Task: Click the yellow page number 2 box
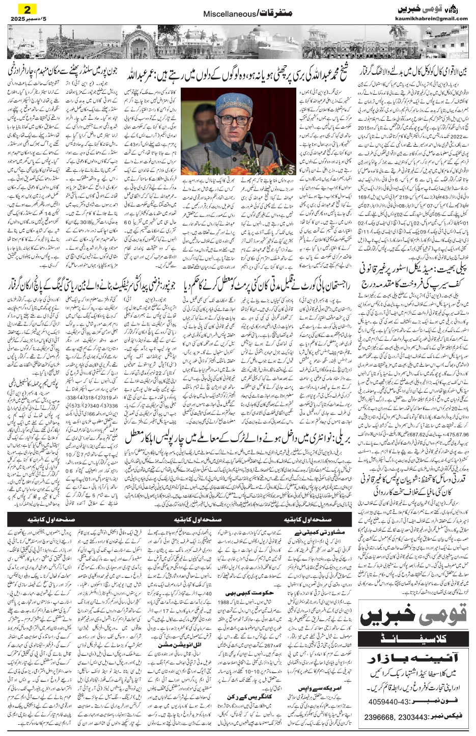(24, 8)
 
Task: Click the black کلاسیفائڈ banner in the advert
(413, 639)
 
